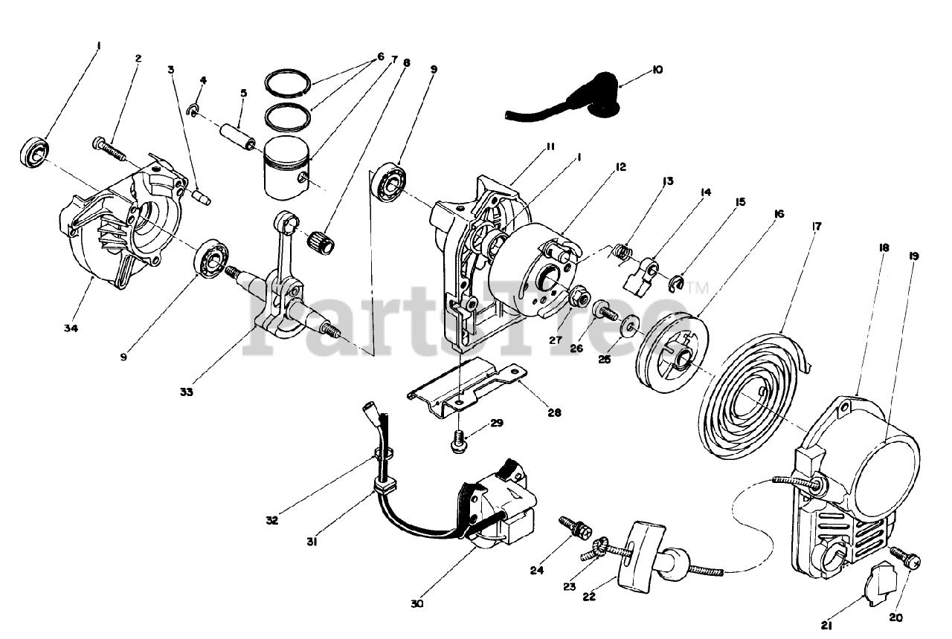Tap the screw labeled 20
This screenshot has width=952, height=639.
905,559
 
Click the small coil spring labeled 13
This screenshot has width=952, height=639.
623,253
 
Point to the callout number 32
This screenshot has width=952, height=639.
271,520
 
